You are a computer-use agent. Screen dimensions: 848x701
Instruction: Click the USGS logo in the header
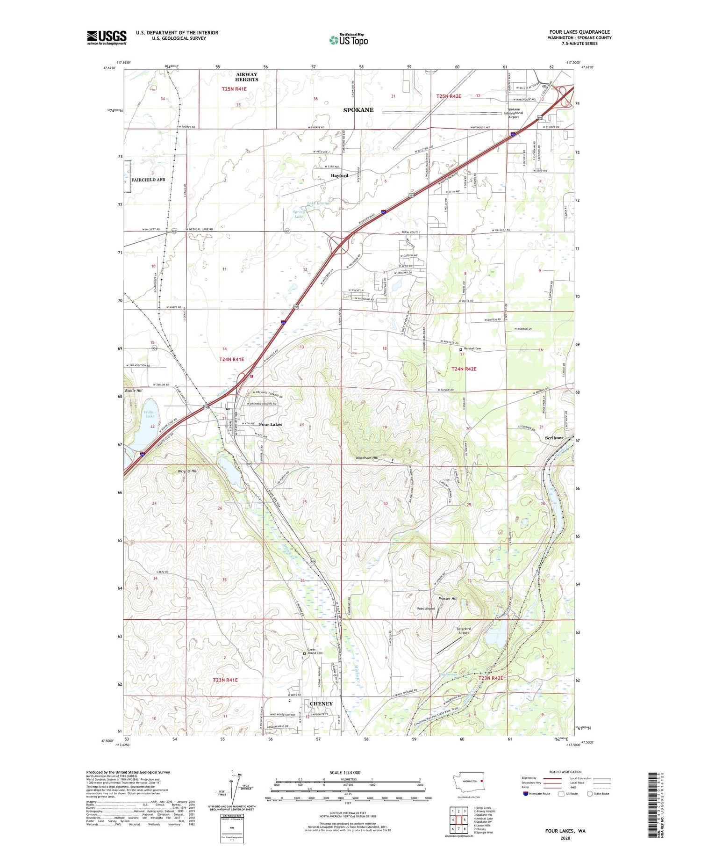click(107, 37)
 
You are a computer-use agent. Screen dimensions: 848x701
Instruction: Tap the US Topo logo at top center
click(348, 40)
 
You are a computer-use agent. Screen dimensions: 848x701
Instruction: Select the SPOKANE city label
click(358, 110)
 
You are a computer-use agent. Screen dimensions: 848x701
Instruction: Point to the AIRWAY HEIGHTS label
click(247, 77)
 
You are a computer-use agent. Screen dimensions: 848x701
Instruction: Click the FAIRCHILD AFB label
click(148, 180)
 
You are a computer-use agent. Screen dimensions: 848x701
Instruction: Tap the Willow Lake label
click(150, 414)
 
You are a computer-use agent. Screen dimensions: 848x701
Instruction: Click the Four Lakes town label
click(271, 424)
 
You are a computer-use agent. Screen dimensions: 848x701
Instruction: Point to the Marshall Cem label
click(472, 349)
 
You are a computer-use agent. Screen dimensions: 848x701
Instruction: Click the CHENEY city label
click(322, 703)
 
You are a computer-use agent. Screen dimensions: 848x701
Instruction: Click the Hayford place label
click(340, 175)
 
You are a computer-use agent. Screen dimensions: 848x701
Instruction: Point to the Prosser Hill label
click(448, 599)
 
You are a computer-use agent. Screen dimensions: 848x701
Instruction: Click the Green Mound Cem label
click(315, 653)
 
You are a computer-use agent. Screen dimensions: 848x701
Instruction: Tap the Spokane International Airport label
click(514, 113)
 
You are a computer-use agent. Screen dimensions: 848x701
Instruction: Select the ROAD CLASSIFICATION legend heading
click(565, 772)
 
